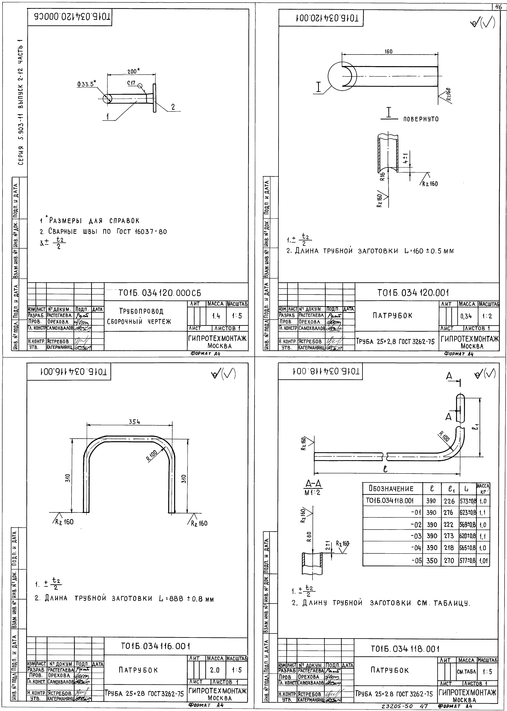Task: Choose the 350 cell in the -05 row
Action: pos(432,560)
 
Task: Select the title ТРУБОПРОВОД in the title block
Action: pos(141,311)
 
